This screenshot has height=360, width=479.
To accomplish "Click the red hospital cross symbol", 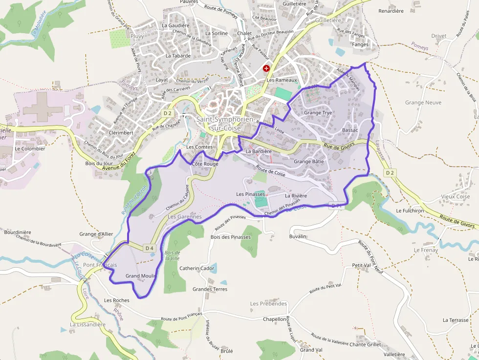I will (x=266, y=69).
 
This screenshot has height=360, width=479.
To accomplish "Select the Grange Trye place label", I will (x=318, y=113).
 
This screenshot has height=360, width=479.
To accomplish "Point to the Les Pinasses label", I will (x=250, y=194).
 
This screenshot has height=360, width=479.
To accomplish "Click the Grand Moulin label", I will (x=141, y=276).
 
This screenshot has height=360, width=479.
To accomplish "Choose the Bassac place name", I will (x=350, y=130).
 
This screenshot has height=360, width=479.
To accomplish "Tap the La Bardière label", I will (x=259, y=151).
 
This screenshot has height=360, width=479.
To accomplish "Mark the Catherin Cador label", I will (x=197, y=268).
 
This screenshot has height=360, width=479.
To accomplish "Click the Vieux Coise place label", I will (x=455, y=196).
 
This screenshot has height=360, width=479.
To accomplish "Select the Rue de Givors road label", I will (x=337, y=146).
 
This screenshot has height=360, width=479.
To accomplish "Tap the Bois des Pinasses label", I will (x=230, y=237).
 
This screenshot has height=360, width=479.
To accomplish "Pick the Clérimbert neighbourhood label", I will (x=121, y=132).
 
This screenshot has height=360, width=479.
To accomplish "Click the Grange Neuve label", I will (x=423, y=103).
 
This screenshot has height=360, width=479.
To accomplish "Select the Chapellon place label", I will (x=275, y=319).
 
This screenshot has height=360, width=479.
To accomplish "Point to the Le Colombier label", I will (x=30, y=148).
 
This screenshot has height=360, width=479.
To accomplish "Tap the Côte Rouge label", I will (x=205, y=164).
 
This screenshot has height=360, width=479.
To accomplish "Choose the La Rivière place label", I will (x=296, y=196).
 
